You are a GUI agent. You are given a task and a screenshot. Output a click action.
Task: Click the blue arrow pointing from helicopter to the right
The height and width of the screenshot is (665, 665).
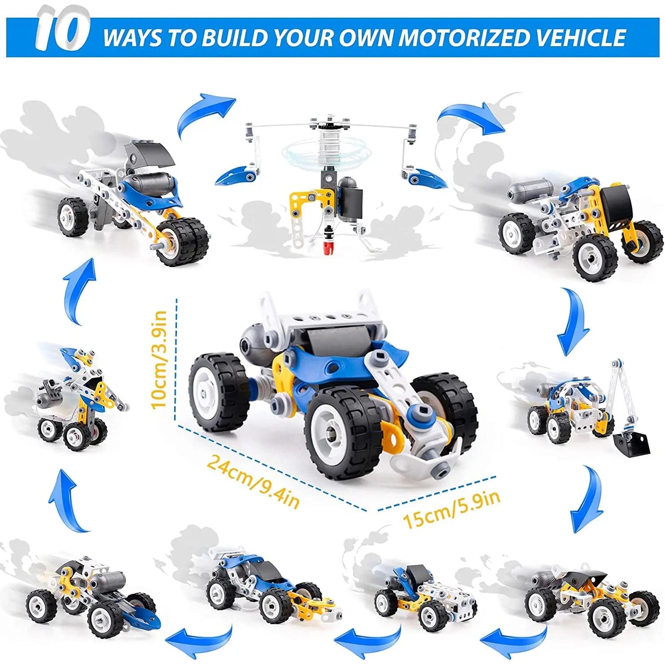click(470, 116)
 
